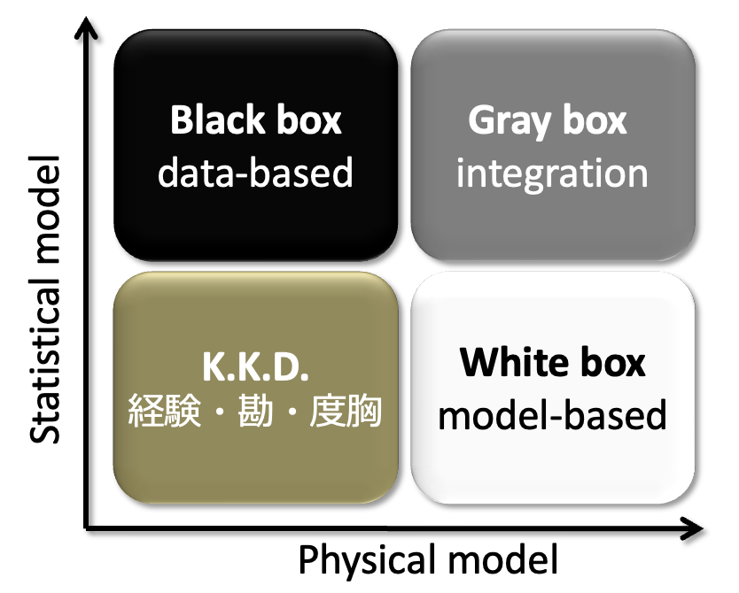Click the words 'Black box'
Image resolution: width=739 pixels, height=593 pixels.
(255, 120)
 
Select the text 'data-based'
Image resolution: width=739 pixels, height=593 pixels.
(255, 173)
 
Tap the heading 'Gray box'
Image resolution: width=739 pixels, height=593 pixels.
(548, 120)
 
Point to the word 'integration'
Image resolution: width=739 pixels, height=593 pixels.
(551, 173)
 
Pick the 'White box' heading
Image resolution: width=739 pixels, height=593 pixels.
(553, 362)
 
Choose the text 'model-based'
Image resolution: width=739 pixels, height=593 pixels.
(552, 414)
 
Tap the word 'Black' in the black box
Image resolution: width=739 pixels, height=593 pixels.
(212, 120)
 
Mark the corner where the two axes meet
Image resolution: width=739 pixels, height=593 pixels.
(86, 528)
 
